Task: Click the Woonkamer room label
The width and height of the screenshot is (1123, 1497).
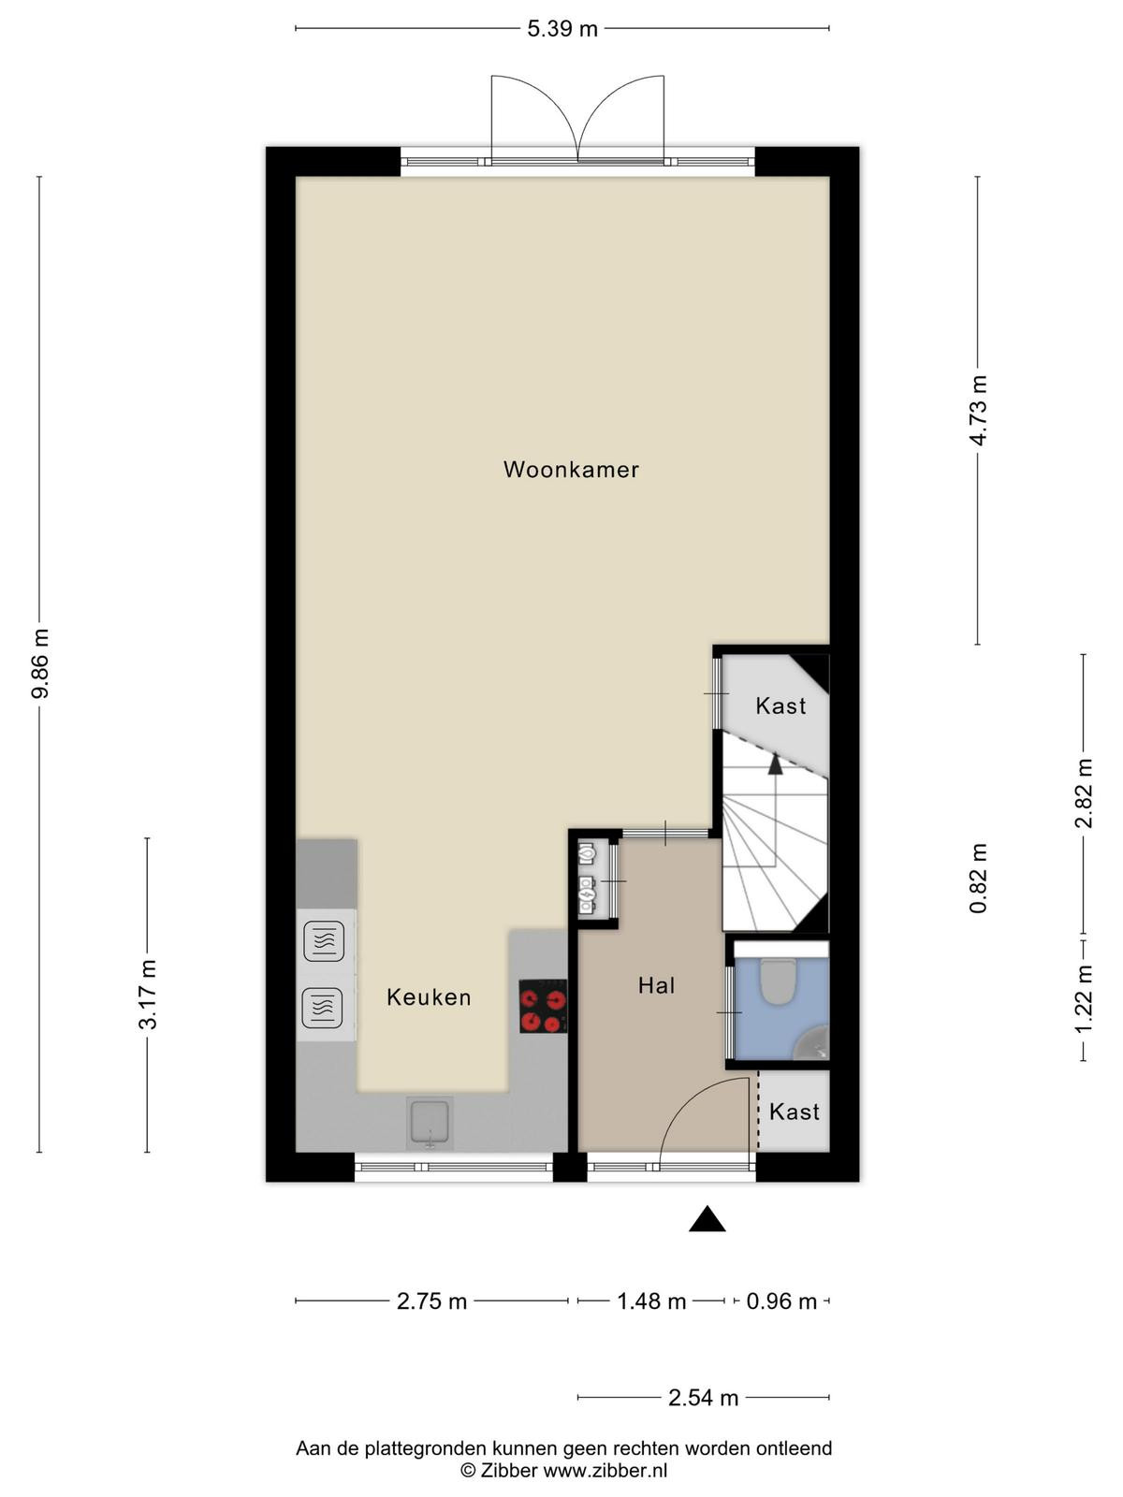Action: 571,470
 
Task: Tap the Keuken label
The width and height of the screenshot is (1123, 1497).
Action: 429,997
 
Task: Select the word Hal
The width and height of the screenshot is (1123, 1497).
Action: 656,985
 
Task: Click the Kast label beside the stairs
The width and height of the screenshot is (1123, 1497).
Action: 780,705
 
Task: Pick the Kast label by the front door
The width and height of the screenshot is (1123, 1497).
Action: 794,1112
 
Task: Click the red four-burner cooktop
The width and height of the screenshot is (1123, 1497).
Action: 543,1006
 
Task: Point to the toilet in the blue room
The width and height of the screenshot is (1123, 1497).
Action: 778,981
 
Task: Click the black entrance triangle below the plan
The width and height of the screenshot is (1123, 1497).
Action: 707,1219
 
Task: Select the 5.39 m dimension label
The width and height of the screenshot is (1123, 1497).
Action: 561,29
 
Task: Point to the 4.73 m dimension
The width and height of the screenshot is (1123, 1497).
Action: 979,411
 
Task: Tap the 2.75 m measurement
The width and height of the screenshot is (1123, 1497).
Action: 431,1301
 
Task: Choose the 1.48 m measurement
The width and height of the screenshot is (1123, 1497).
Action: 651,1301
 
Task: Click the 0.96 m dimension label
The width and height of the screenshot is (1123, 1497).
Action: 781,1301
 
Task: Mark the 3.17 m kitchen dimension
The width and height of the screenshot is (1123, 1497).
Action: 148,995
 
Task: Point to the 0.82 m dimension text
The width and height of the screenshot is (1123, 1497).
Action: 979,879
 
